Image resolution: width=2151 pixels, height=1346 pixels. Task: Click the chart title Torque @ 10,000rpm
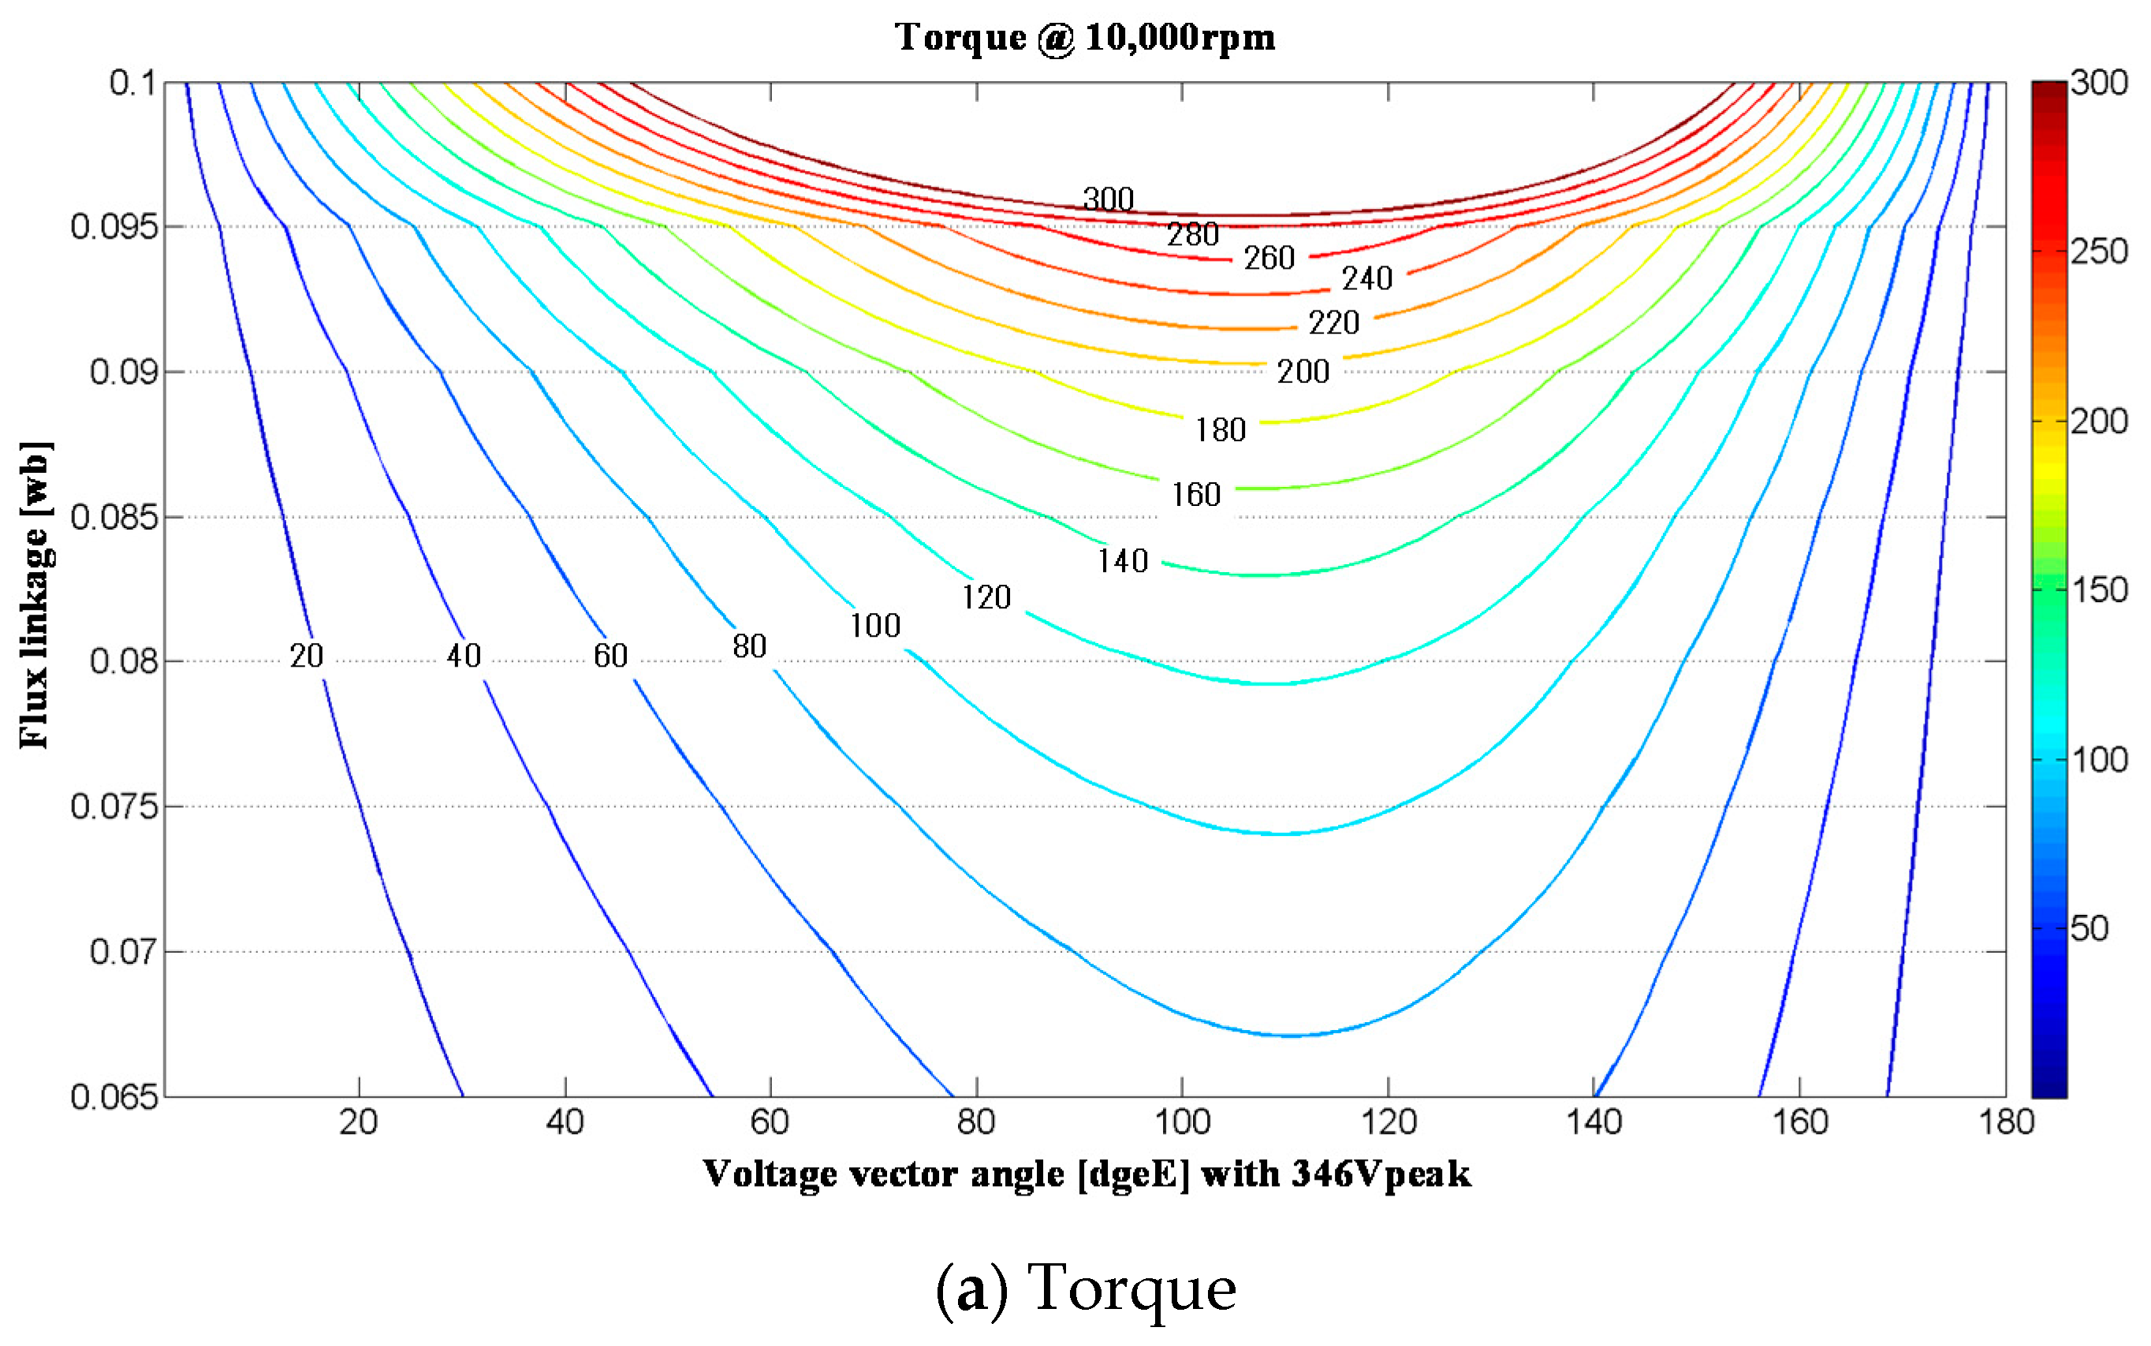(x=1085, y=37)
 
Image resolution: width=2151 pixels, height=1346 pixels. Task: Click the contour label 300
(x=1108, y=199)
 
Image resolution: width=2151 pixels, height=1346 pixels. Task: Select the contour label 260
(x=1269, y=258)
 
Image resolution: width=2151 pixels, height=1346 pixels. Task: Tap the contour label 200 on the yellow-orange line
(x=1303, y=371)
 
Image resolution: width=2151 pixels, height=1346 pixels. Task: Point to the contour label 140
(x=1122, y=561)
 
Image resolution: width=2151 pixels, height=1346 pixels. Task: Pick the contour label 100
(x=874, y=626)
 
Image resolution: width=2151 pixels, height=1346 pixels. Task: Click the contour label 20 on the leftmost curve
(x=305, y=656)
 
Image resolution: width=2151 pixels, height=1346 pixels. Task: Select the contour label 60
(x=610, y=656)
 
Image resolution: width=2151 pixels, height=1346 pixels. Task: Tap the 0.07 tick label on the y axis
(x=123, y=952)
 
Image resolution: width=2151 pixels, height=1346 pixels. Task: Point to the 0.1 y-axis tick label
(x=132, y=83)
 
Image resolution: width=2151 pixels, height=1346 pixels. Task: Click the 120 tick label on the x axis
(x=1389, y=1121)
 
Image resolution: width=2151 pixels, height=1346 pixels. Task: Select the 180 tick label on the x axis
(x=2006, y=1121)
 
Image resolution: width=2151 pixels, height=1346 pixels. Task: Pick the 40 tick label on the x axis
(x=565, y=1121)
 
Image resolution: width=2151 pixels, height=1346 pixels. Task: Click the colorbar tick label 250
(x=2098, y=252)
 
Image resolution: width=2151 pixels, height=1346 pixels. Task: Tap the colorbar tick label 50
(x=2089, y=928)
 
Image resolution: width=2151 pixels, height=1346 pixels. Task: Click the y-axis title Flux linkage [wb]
(x=35, y=595)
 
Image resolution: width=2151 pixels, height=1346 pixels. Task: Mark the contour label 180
(x=1219, y=430)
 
